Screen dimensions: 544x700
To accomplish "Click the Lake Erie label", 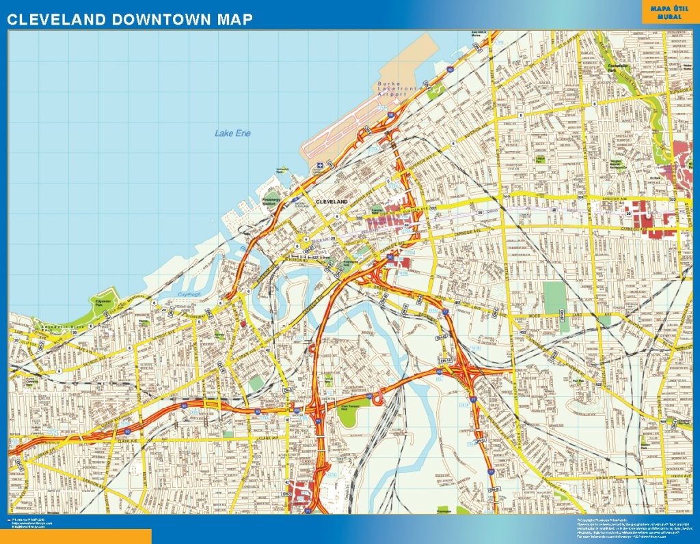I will point(232,133).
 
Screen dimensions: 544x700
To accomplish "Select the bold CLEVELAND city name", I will point(332,202).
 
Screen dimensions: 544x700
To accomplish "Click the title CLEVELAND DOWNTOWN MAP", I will point(130,20).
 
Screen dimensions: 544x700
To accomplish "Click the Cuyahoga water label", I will point(187,295).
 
